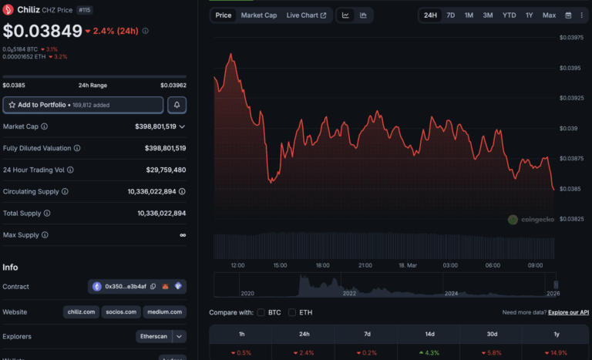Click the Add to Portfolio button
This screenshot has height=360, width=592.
(x=83, y=104)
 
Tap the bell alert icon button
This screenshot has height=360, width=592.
(x=177, y=104)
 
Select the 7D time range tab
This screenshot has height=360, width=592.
(x=450, y=15)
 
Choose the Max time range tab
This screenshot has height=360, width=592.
(x=549, y=15)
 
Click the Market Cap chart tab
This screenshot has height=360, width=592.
(x=258, y=15)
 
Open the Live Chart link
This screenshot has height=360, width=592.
(x=306, y=15)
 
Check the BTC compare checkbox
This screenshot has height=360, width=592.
(x=261, y=312)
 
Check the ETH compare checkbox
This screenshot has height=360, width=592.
(x=292, y=312)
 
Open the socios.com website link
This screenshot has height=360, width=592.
(x=122, y=312)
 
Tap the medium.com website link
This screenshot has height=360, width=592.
(x=165, y=312)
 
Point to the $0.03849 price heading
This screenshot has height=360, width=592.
(x=42, y=32)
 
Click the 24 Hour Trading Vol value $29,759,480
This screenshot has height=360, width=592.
(x=165, y=170)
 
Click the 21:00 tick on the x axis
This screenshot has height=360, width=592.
(x=365, y=265)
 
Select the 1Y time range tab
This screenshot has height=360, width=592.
(x=529, y=15)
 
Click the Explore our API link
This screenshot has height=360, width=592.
(x=570, y=312)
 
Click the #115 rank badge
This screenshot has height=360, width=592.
(x=84, y=9)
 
